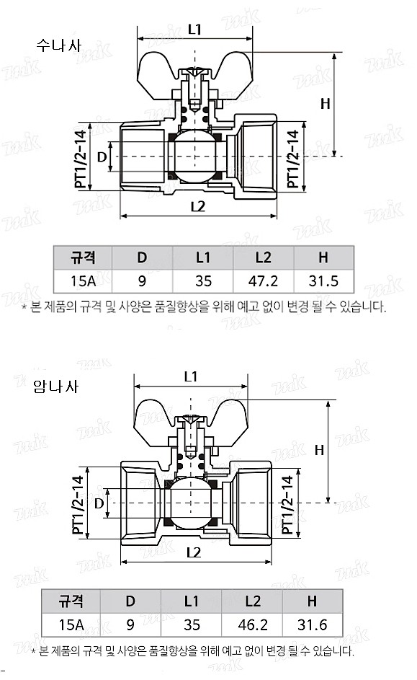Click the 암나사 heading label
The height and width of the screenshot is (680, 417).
coord(55,385)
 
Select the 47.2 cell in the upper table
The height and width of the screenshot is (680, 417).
coord(263,281)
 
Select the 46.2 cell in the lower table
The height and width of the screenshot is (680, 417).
coord(252,624)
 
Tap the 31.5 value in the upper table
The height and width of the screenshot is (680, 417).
coord(323,281)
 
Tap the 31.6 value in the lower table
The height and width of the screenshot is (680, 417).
coord(312,624)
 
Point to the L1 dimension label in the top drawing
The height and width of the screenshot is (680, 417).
coord(194,29)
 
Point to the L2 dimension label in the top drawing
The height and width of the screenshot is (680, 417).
coord(198,206)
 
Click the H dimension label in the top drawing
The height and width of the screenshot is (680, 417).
coord(325,103)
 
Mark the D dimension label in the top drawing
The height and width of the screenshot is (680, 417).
coord(102,156)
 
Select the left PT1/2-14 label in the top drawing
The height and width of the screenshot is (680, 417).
coord(81,159)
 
